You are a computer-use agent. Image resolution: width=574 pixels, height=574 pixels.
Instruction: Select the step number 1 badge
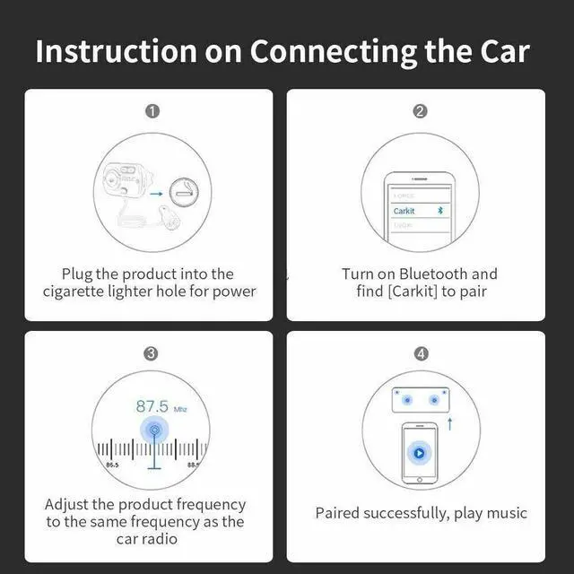[152, 111]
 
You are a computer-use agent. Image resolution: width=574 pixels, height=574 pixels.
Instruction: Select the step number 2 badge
[421, 111]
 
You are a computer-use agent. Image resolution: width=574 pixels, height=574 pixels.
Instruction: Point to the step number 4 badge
[421, 353]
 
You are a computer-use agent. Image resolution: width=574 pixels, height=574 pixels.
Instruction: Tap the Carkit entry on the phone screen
[405, 211]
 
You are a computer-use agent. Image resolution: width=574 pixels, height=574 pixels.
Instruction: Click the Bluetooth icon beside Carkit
[439, 211]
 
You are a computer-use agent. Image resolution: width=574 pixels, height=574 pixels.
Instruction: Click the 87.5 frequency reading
[152, 405]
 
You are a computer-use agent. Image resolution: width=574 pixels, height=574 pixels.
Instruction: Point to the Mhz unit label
[180, 408]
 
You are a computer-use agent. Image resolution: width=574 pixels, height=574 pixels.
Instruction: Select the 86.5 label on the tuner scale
[112, 465]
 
